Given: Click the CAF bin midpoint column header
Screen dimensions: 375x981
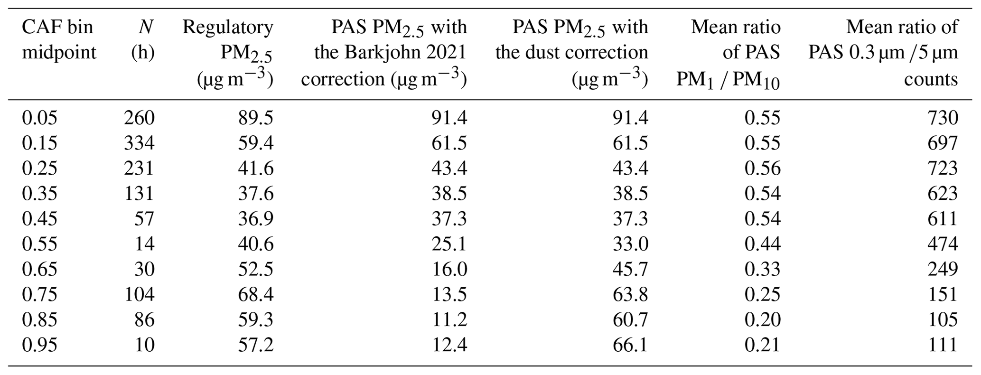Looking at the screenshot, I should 58,39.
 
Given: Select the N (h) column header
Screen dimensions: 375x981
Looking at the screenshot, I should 143,39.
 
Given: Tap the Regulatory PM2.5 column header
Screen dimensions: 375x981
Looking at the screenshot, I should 228,52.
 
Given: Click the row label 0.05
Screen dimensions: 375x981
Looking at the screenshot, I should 39,118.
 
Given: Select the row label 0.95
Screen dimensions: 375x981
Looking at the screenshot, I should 39,345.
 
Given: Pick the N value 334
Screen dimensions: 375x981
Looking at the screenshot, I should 139,143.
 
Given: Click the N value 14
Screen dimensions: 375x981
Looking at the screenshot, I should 144,244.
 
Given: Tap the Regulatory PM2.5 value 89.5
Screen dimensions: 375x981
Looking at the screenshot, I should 255,118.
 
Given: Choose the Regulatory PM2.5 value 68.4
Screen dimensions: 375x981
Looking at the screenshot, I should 255,294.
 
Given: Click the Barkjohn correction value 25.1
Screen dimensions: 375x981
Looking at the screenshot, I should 449,244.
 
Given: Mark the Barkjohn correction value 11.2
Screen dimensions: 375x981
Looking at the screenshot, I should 449,319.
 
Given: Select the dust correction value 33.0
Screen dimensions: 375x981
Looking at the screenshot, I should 630,244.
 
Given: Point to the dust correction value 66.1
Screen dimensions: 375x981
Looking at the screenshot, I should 630,345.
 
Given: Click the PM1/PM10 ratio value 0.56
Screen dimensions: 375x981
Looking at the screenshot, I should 762,168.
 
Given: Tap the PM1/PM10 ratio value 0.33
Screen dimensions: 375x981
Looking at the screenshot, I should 762,269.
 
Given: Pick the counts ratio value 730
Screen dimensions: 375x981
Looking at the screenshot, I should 943,118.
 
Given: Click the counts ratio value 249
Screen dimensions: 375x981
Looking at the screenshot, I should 943,269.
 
